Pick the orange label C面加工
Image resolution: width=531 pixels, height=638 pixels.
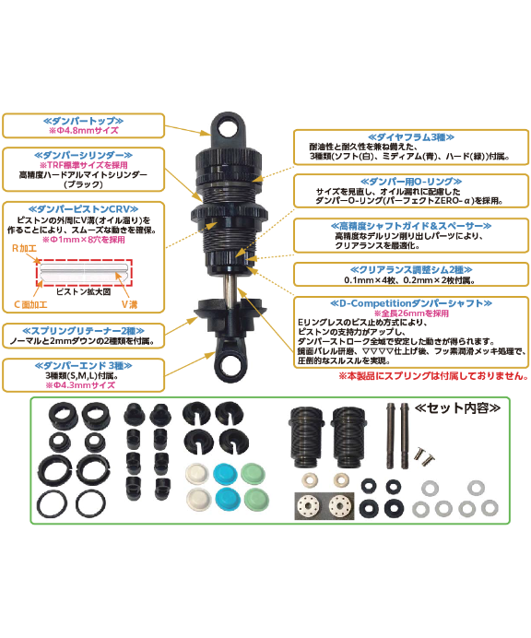click(30, 303)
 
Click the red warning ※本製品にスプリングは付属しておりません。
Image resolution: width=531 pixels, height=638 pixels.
click(432, 377)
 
